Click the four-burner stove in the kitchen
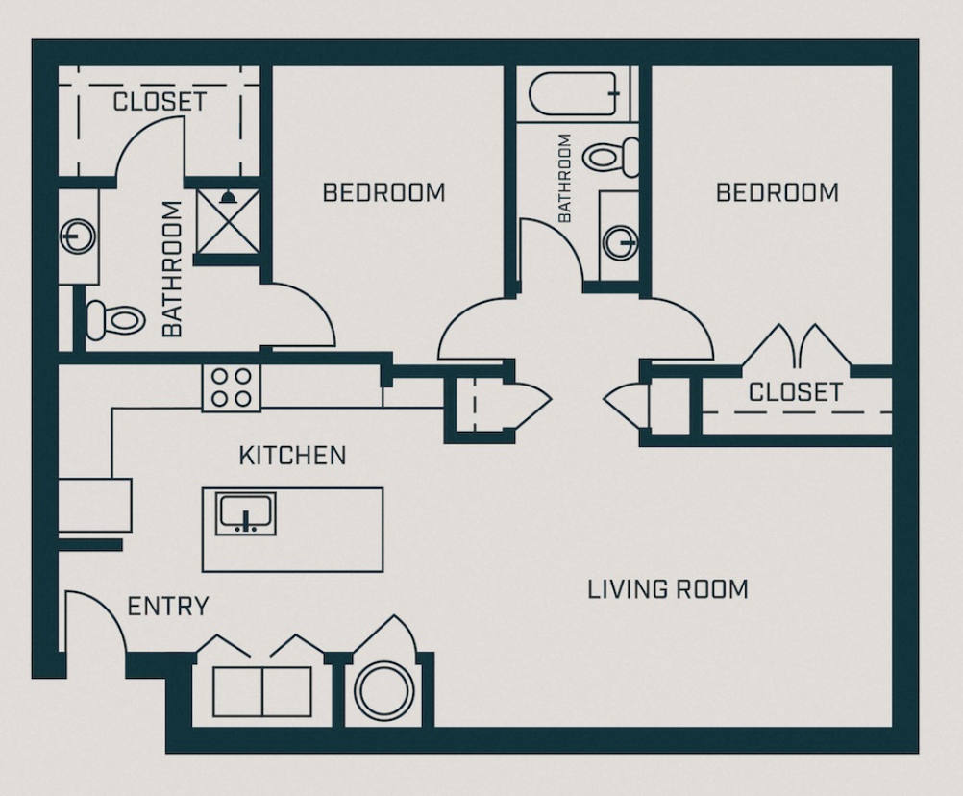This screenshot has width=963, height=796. pos(231,387)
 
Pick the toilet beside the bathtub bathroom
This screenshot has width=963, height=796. pos(613,156)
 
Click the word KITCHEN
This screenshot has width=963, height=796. pos(292,455)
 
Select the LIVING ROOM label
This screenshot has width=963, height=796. pos(667,588)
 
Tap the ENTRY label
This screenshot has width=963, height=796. pos(168,607)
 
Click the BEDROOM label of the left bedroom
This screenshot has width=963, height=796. pos(383,192)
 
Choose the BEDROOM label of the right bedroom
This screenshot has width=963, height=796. pos(777,192)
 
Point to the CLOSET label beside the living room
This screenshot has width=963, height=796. pos(795,392)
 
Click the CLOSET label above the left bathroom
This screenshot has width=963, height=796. pos(160,102)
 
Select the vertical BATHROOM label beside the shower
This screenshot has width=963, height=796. pos(172,268)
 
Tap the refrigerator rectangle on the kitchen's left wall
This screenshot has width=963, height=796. pos(94,504)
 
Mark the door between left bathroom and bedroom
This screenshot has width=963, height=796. pos(300,317)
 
